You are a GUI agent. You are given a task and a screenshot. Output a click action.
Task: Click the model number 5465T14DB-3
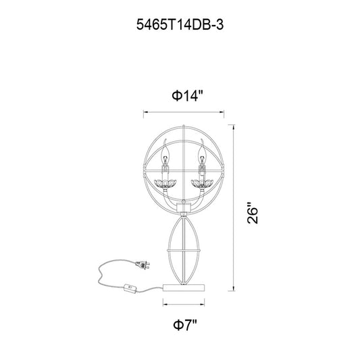click(x=180, y=24)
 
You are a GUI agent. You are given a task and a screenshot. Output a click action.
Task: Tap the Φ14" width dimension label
click(x=188, y=95)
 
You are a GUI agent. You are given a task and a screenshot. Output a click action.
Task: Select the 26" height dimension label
click(x=253, y=213)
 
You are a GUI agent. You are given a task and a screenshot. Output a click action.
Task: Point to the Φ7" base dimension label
click(x=185, y=325)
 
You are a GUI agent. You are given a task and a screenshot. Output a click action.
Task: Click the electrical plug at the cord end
click(x=143, y=265)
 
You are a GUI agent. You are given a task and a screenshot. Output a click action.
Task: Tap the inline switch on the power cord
click(x=130, y=288)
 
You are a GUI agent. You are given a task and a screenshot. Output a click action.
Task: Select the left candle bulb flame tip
click(x=165, y=140)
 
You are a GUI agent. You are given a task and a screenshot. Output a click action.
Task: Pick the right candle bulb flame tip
click(x=201, y=140)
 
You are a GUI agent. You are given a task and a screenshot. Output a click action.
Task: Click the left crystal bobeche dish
click(x=165, y=184)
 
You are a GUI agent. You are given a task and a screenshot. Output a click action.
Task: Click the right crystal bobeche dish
click(x=202, y=184)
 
